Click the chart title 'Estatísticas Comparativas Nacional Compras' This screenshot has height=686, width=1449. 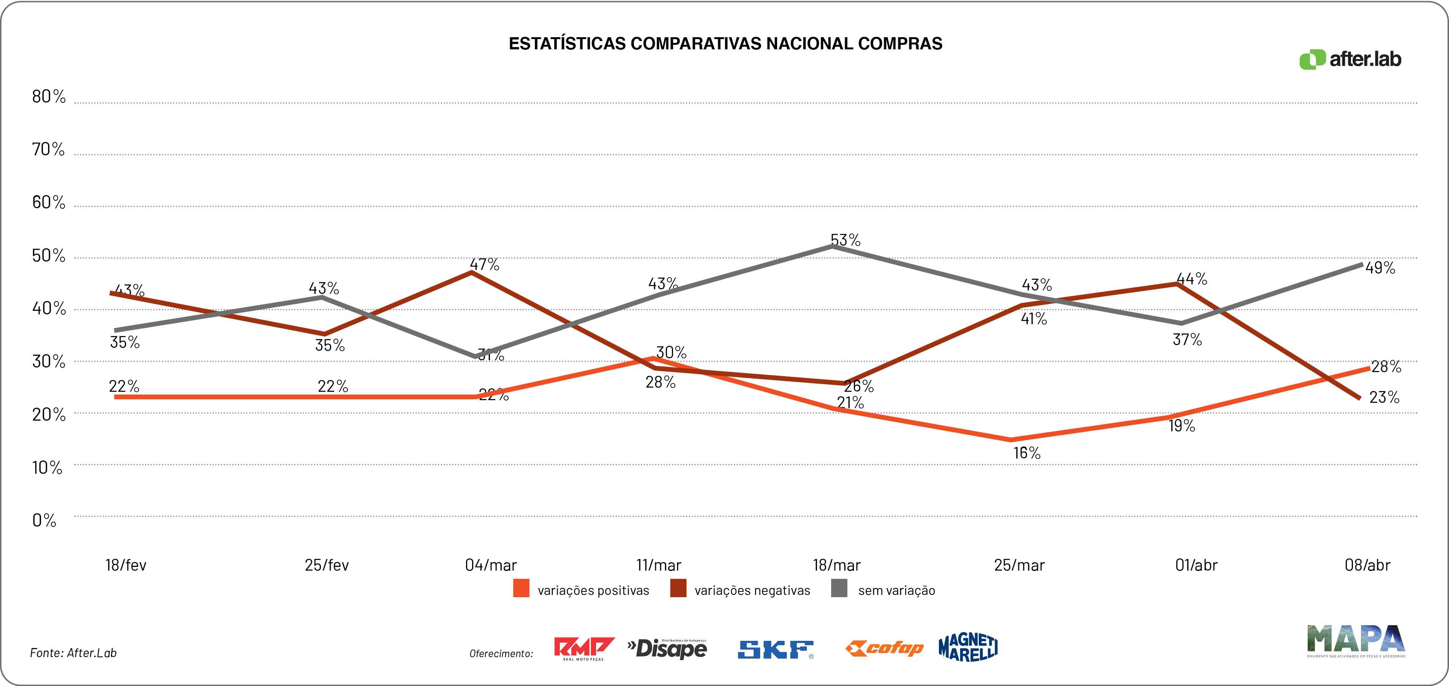[725, 44]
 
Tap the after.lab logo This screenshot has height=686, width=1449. [1350, 59]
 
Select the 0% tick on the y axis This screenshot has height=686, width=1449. [44, 520]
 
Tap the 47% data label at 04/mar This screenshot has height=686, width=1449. [484, 264]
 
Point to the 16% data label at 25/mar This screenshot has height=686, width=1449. [1027, 453]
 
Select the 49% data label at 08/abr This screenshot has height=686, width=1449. [1380, 268]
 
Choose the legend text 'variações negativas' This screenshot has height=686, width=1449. [752, 590]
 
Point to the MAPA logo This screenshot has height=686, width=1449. [1356, 641]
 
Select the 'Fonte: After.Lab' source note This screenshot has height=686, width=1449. [73, 653]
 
